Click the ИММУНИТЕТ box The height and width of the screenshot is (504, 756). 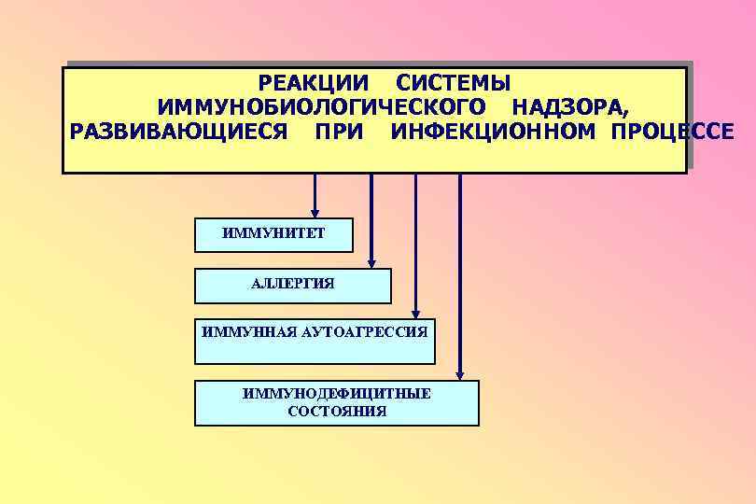click(x=273, y=235)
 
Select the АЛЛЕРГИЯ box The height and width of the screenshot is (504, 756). click(x=292, y=286)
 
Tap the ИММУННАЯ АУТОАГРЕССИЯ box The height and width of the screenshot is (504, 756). click(x=315, y=342)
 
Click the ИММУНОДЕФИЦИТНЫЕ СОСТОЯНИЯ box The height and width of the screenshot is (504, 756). click(x=336, y=403)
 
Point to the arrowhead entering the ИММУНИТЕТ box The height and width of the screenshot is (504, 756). click(x=315, y=212)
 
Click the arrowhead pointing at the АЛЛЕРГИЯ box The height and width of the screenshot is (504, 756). click(x=371, y=262)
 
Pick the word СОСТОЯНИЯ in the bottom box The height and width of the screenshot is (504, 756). click(x=337, y=412)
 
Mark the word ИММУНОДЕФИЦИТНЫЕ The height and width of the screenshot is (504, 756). click(x=336, y=394)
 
